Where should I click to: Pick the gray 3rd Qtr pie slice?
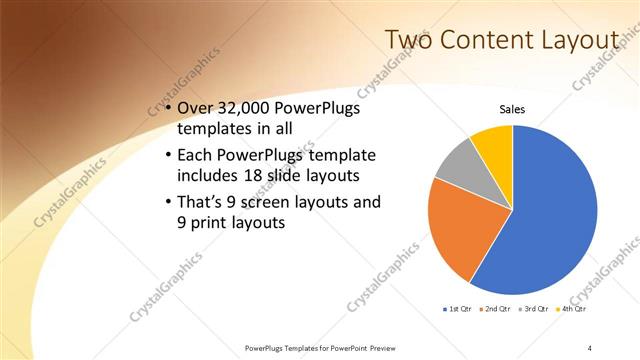(x=456, y=165)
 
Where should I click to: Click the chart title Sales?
(x=512, y=109)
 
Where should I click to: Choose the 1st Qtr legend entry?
(x=460, y=309)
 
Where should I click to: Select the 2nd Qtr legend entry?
(x=498, y=309)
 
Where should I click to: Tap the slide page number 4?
(x=590, y=347)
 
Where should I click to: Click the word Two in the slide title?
(x=411, y=40)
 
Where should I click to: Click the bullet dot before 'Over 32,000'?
(x=167, y=109)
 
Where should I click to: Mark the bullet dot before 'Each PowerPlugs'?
(x=167, y=156)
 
